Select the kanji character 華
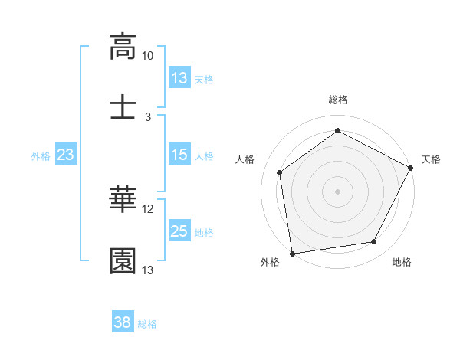(123, 200)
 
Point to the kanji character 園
(123, 260)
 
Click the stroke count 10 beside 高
(147, 56)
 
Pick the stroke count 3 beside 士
(148, 116)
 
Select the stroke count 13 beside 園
(147, 270)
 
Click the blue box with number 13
(179, 78)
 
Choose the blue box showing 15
(179, 155)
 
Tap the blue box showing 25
(179, 231)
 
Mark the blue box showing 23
(66, 155)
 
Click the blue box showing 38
(123, 322)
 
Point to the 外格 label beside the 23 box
(41, 156)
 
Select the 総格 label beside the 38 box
(147, 324)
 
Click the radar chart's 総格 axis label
(338, 100)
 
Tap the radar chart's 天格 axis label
(431, 159)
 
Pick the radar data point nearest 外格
(292, 253)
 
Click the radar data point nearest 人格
(280, 172)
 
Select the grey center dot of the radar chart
(338, 191)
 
